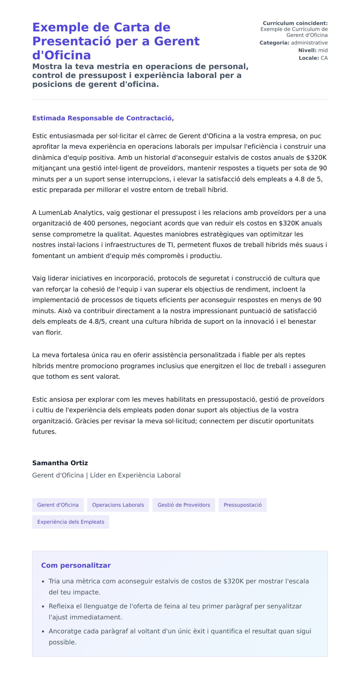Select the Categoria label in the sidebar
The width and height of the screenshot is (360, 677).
(x=274, y=43)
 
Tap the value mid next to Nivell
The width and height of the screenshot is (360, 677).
(x=323, y=50)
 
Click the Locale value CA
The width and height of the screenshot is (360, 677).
(x=324, y=58)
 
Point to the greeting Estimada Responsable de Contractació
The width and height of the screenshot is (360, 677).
(x=103, y=118)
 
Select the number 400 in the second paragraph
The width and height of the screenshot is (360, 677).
(x=89, y=224)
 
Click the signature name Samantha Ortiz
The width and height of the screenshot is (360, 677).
(x=60, y=463)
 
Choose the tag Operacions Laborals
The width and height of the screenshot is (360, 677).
(x=118, y=505)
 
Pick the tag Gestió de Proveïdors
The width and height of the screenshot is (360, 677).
(x=184, y=505)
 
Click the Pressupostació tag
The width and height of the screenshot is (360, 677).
(x=242, y=505)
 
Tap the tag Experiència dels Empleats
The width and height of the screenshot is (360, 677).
(x=70, y=522)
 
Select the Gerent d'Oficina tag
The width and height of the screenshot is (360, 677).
(x=58, y=505)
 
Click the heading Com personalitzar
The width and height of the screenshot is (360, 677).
(x=76, y=566)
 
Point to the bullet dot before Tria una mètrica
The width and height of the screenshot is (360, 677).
(x=43, y=582)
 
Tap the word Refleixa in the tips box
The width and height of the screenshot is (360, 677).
(x=61, y=606)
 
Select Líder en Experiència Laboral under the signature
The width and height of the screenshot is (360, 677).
(x=135, y=475)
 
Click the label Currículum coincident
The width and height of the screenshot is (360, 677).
(x=295, y=23)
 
